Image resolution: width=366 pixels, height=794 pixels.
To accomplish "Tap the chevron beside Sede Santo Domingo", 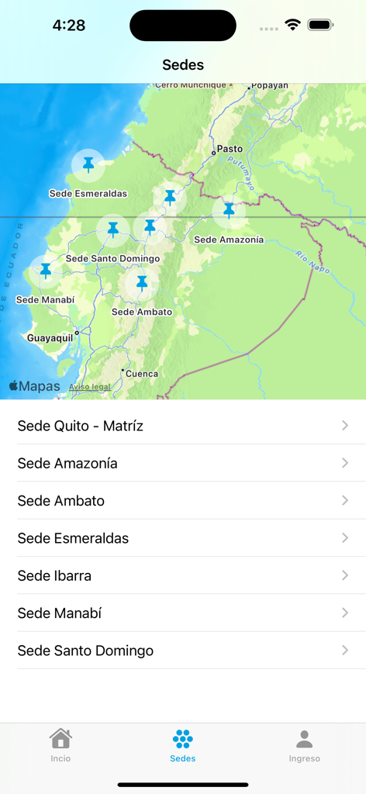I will pyautogui.click(x=345, y=651).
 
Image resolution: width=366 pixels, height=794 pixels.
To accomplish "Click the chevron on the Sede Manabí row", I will pyautogui.click(x=345, y=613).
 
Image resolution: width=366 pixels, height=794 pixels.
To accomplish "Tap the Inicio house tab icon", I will pyautogui.click(x=60, y=738).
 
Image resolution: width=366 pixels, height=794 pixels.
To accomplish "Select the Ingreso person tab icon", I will pyautogui.click(x=305, y=738).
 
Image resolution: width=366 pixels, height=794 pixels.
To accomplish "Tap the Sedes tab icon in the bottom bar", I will pyautogui.click(x=183, y=738).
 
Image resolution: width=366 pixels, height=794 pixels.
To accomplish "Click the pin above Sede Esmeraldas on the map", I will pyautogui.click(x=88, y=164).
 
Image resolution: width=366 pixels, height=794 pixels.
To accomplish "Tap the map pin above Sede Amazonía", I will pyautogui.click(x=229, y=210).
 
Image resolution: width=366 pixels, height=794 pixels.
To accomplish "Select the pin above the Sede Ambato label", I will pyautogui.click(x=142, y=284).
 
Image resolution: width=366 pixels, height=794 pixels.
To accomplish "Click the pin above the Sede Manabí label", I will pyautogui.click(x=46, y=271).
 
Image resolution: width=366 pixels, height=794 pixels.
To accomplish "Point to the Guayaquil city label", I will pyautogui.click(x=50, y=338).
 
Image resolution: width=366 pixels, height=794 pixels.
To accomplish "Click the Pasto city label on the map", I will pyautogui.click(x=230, y=149).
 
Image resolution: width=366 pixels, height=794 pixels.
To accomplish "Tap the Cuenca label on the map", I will pyautogui.click(x=142, y=374).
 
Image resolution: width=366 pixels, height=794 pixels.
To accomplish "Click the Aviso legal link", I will pyautogui.click(x=90, y=386).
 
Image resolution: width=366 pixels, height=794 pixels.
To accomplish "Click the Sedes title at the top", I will pyautogui.click(x=183, y=65).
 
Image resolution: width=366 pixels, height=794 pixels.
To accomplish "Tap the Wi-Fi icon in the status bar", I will pyautogui.click(x=292, y=25).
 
